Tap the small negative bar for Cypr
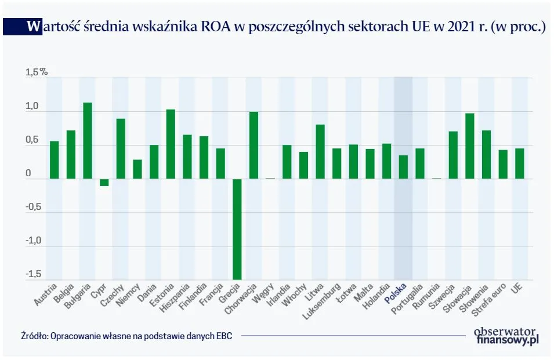(104, 182)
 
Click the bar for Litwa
(320, 151)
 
